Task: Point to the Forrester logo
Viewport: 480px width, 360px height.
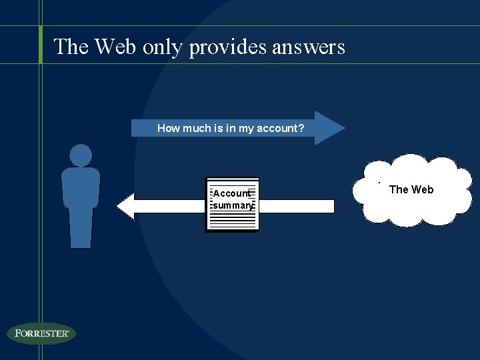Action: (x=41, y=333)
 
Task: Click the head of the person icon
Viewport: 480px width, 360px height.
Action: (x=81, y=155)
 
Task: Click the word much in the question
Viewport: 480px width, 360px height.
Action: (x=197, y=128)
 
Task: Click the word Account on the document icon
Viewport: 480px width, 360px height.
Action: (x=231, y=193)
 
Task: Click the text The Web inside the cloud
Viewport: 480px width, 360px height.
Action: (x=411, y=189)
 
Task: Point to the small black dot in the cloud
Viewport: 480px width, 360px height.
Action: (x=379, y=182)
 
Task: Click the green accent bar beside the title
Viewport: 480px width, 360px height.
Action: (x=41, y=45)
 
